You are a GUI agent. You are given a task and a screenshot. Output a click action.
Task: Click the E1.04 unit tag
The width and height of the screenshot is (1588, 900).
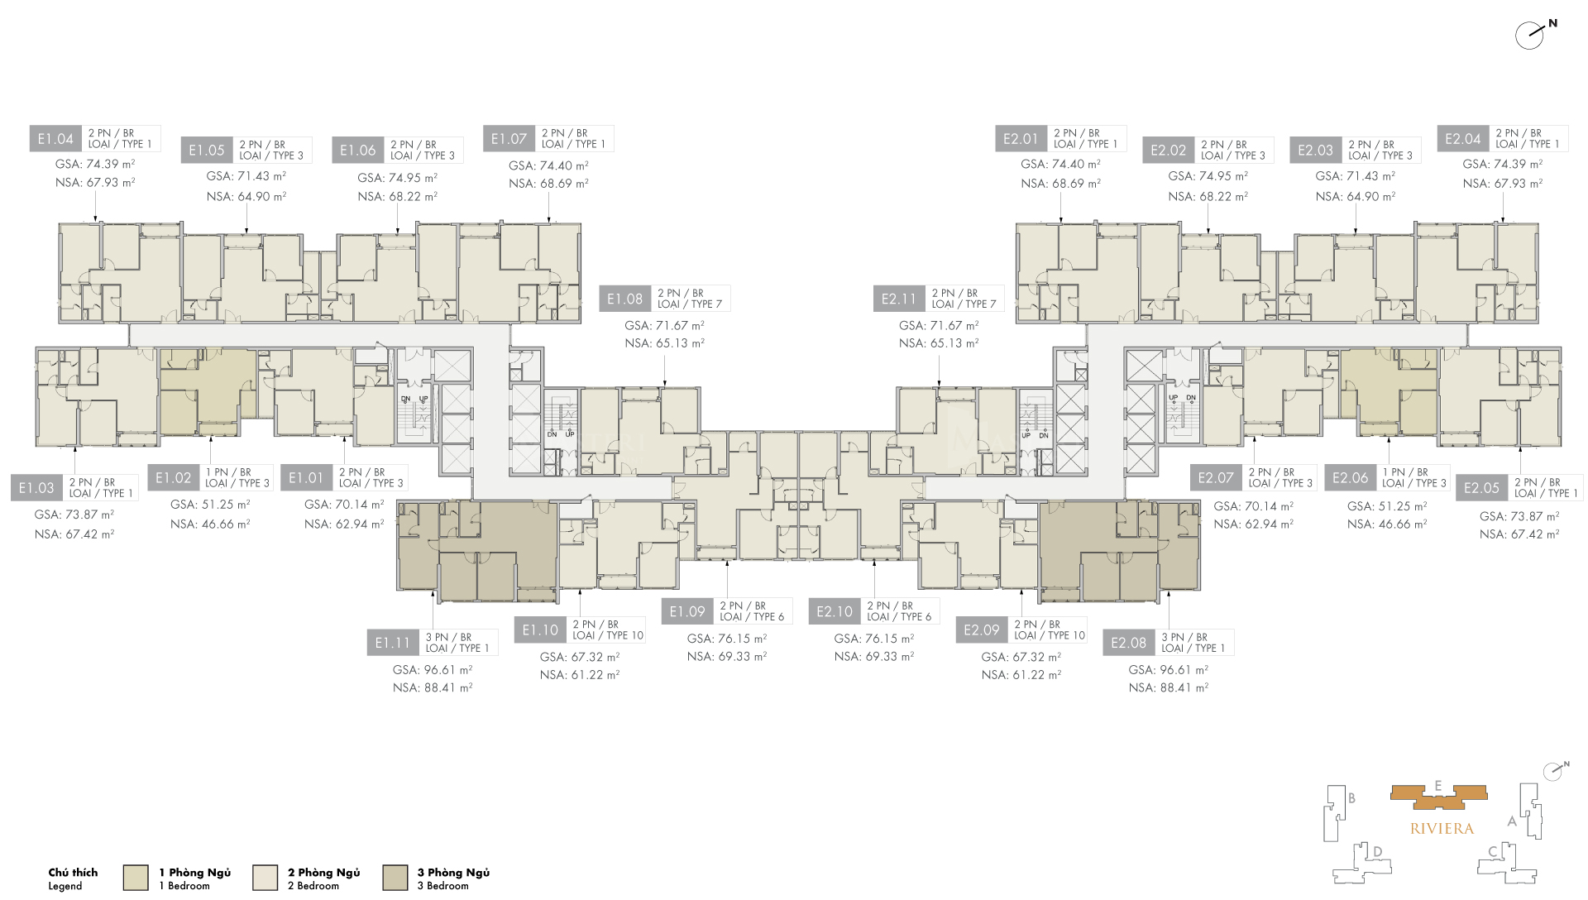(x=55, y=139)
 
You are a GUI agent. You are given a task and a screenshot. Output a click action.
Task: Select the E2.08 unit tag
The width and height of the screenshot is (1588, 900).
(x=1128, y=643)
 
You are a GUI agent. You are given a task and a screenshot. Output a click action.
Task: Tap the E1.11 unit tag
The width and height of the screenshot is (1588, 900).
(x=392, y=643)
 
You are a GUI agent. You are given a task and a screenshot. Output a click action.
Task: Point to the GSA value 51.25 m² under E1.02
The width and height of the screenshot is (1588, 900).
(x=210, y=505)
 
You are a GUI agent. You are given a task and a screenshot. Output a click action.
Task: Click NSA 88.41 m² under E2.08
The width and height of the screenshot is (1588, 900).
(x=1168, y=687)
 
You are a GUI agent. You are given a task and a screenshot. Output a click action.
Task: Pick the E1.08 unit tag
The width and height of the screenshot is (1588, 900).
(x=624, y=299)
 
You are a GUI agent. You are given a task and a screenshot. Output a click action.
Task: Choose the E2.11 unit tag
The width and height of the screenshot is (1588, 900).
(x=898, y=299)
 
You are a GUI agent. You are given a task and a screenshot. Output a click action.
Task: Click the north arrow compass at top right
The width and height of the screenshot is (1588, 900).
(x=1531, y=35)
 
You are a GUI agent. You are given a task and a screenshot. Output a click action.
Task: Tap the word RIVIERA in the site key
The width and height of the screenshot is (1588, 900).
(x=1442, y=829)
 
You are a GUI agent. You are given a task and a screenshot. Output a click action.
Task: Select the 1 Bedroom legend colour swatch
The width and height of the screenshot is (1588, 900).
(x=136, y=878)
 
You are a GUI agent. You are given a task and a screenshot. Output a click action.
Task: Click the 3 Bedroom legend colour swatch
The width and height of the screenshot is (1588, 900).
(x=395, y=878)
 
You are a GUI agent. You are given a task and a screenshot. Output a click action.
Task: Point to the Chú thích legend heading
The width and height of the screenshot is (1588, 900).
(x=73, y=873)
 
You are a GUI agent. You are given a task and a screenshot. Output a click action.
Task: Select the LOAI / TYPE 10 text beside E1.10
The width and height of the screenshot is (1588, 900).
(x=608, y=636)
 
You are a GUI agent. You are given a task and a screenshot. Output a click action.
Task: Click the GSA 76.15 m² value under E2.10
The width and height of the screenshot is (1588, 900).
(x=873, y=639)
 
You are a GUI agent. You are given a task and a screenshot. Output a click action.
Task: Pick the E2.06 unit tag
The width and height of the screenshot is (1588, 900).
(x=1350, y=478)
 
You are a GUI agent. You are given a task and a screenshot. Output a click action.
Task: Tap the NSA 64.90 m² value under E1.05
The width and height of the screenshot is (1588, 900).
(x=246, y=197)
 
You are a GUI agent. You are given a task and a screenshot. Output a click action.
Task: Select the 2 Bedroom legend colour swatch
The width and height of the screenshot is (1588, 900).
(x=265, y=878)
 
